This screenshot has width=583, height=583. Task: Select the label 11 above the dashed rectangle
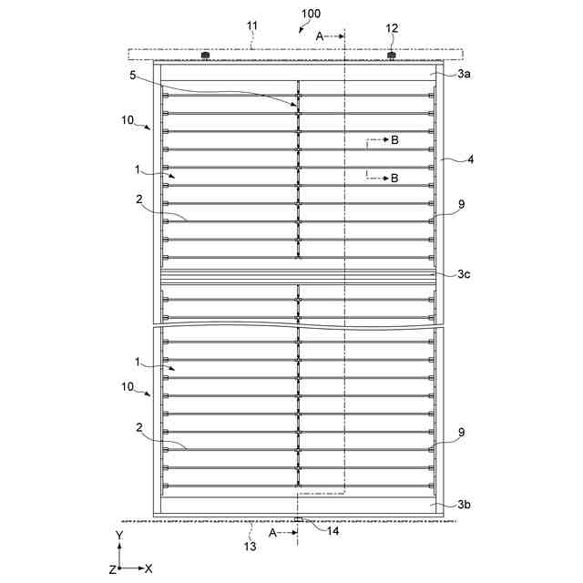click(252, 28)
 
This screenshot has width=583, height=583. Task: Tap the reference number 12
click(391, 28)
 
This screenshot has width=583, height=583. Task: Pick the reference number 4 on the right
click(445, 160)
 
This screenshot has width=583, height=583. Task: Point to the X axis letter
click(148, 568)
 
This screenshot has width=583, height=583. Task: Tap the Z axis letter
click(112, 568)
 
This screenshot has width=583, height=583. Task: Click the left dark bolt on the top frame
click(205, 56)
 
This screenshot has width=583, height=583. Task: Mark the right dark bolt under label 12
click(392, 56)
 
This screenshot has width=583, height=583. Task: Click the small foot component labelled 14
click(299, 519)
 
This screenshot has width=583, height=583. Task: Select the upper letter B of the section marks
click(394, 140)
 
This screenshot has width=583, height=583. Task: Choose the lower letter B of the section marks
click(394, 179)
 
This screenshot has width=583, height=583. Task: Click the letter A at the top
click(320, 35)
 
